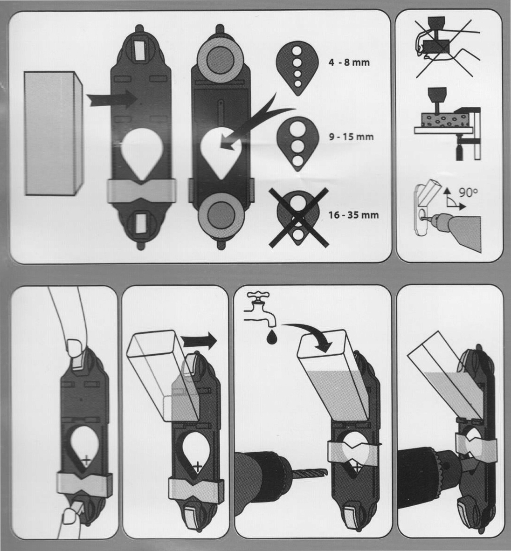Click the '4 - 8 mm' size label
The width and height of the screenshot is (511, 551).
349,62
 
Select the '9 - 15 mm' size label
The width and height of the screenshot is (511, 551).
351,137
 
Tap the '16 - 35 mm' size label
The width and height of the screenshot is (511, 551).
353,215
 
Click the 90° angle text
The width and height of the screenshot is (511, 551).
468,193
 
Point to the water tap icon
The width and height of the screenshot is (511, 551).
260,309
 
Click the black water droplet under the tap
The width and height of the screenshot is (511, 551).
272,337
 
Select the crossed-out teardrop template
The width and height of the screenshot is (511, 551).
298,217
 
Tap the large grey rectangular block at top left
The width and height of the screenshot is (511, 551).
54,133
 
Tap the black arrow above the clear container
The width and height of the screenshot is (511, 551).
199,341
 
